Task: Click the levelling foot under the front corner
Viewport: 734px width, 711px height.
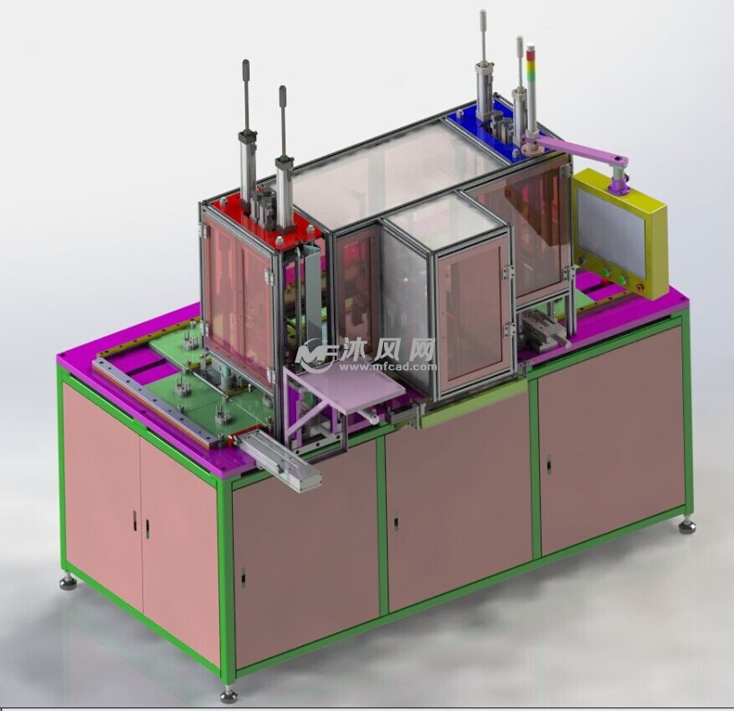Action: [228, 695]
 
